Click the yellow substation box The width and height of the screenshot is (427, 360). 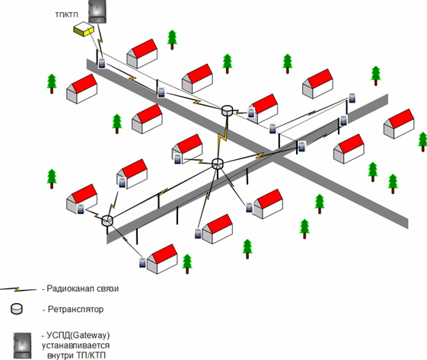point(84,29)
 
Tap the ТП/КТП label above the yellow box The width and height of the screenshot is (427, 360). point(67,14)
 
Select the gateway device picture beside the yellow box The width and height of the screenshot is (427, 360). point(97,11)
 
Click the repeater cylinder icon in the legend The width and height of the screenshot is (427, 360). point(17,309)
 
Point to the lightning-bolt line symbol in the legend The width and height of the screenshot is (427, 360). point(18,289)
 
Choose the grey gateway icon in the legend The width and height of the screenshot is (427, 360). point(23,346)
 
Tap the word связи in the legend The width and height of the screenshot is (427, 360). point(108,288)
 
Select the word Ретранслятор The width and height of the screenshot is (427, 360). point(75,309)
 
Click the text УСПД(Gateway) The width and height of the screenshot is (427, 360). point(78,335)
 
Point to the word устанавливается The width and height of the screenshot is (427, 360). point(75,346)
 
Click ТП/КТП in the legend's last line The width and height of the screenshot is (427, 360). point(91,355)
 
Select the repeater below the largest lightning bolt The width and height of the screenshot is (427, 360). point(218,164)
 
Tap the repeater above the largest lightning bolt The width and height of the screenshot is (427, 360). point(227,110)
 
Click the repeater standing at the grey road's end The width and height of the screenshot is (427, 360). point(107,220)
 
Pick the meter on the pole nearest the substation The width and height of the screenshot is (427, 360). point(102,63)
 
